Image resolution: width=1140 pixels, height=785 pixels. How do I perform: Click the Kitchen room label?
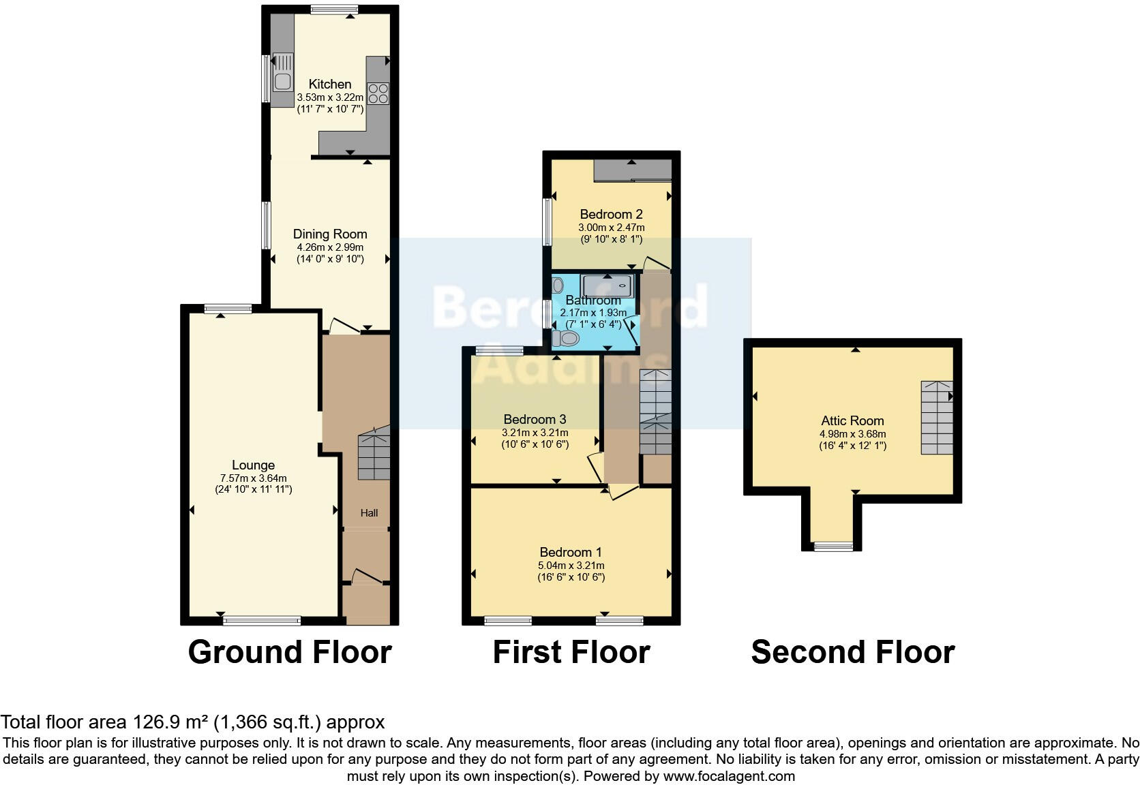pyautogui.click(x=330, y=84)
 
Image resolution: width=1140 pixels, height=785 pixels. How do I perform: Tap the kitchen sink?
pyautogui.click(x=282, y=80)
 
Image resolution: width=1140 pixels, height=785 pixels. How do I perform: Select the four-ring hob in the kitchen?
pyautogui.click(x=378, y=93)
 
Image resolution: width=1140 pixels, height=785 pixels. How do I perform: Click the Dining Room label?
pyautogui.click(x=330, y=234)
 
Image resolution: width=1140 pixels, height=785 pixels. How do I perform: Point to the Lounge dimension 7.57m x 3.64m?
pyautogui.click(x=253, y=478)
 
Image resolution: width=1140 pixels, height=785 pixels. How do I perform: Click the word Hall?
pyautogui.click(x=369, y=512)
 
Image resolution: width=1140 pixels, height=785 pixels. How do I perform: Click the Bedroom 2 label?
pyautogui.click(x=612, y=214)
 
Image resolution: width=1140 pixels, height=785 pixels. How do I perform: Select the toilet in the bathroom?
pyautogui.click(x=566, y=337)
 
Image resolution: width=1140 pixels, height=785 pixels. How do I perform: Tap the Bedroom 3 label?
pyautogui.click(x=535, y=419)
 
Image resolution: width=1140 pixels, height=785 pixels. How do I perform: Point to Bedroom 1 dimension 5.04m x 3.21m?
pyautogui.click(x=571, y=565)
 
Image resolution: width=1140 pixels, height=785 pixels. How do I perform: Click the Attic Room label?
pyautogui.click(x=852, y=420)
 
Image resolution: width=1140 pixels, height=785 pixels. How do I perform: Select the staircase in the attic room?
pyautogui.click(x=936, y=418)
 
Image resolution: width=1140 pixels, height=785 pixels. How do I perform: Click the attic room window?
pyautogui.click(x=833, y=546)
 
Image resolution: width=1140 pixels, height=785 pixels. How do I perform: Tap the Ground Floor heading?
pyautogui.click(x=289, y=652)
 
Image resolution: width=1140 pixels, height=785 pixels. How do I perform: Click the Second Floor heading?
pyautogui.click(x=852, y=652)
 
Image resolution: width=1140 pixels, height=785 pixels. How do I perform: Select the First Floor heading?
pyautogui.click(x=571, y=652)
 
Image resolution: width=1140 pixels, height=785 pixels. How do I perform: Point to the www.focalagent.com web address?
pyautogui.click(x=728, y=776)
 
